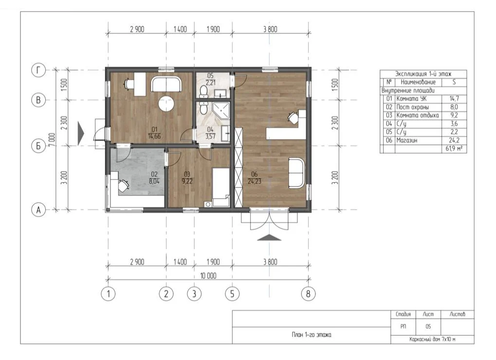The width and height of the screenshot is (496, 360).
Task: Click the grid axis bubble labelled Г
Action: pos(38,70)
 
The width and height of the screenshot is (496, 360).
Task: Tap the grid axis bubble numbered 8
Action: pos(308,294)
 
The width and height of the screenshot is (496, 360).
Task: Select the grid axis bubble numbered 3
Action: pos(194,294)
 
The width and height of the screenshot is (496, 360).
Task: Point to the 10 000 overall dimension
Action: pos(208,276)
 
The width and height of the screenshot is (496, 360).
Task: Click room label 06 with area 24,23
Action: pos(254,178)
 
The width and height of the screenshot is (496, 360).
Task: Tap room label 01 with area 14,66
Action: pos(154,133)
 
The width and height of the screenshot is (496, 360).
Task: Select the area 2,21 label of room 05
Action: pos(210,83)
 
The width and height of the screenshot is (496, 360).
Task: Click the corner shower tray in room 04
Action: pos(221,109)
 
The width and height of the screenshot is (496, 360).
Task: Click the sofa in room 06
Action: pos(297,173)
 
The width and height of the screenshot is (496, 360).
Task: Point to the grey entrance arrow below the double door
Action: pos(269,237)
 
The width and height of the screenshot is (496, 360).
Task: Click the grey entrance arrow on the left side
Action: pos(81,134)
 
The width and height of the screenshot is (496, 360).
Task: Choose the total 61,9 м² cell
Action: pos(454,148)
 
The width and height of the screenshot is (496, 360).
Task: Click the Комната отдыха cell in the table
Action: pos(418,115)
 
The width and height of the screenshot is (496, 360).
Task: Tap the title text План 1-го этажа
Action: pos(312,335)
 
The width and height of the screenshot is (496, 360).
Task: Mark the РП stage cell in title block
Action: pos(404,327)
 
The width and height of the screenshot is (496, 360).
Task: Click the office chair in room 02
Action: pos(123,185)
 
